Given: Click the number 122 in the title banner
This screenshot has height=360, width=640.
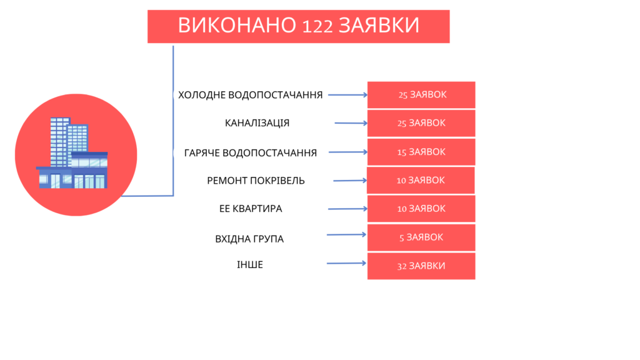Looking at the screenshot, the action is tap(317, 26).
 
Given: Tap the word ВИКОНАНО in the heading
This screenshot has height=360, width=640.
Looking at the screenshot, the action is tap(237, 25).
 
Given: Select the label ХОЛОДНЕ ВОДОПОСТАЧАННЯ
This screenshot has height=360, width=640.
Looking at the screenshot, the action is tap(250, 95).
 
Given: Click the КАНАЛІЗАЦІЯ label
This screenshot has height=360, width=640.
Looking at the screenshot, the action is tap(257, 123).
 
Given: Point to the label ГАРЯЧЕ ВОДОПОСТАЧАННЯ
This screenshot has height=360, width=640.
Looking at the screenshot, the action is tap(250, 152).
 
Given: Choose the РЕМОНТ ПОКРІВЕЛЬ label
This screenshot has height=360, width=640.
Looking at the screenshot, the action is tap(256, 181).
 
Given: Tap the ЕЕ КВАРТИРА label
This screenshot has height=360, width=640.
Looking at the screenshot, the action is tap(251, 209).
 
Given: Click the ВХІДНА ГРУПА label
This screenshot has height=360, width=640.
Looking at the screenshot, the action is tap(249, 239).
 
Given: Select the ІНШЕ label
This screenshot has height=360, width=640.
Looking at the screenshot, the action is tap(250, 265).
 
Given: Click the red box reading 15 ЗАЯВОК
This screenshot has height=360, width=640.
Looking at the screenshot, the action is tap(421, 152).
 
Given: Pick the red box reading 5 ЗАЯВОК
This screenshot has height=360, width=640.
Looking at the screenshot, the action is tap(421, 237).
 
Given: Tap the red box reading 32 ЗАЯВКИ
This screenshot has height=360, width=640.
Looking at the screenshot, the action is tap(421, 266).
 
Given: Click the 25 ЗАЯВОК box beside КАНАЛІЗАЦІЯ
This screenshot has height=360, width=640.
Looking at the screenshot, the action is tap(421, 123).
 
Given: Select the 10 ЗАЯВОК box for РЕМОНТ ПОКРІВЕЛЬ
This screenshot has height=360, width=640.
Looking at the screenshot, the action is tap(421, 180).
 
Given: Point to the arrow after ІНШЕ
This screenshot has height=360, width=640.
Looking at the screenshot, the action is tap(346, 263).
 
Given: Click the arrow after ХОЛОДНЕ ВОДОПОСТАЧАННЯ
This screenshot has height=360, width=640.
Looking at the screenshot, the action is tap(347, 95).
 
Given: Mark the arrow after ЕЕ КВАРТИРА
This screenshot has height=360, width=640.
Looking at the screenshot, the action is tap(347, 209).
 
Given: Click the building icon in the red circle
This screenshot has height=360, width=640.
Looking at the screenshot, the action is tap(72, 153).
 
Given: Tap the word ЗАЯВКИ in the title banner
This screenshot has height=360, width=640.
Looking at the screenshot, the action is tap(379, 25).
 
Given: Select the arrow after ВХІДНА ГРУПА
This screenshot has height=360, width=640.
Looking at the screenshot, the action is tap(346, 235).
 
